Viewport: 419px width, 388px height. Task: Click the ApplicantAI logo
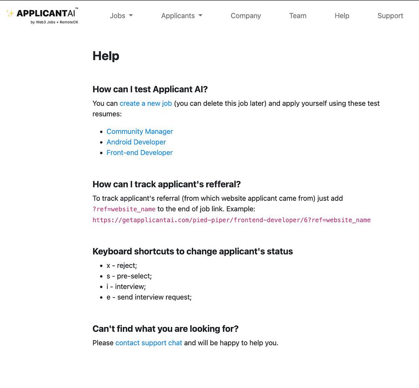pos(42,15)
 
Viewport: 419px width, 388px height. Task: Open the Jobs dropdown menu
pos(121,16)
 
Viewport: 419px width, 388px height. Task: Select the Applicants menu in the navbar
pos(181,16)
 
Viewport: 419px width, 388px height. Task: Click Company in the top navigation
pos(246,16)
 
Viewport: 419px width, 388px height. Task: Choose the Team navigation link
pos(297,16)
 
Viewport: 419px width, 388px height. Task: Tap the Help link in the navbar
pos(341,16)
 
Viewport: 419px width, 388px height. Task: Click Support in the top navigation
pos(390,16)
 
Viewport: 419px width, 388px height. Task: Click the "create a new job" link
pos(145,103)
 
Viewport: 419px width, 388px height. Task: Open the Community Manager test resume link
pos(140,131)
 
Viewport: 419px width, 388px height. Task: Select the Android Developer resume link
pos(136,142)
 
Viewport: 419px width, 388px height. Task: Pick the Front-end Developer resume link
pos(140,153)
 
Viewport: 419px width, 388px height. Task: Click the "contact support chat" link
pos(149,343)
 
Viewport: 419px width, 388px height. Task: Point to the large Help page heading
pos(106,56)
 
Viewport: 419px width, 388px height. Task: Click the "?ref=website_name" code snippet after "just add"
pos(124,209)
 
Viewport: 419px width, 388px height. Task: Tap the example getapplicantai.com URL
pos(231,220)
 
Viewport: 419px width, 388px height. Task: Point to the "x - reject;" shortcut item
pos(122,265)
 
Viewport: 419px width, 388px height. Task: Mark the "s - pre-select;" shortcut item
pos(129,276)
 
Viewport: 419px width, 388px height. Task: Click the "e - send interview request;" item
pos(149,297)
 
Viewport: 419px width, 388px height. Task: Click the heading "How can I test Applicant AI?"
pos(150,89)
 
